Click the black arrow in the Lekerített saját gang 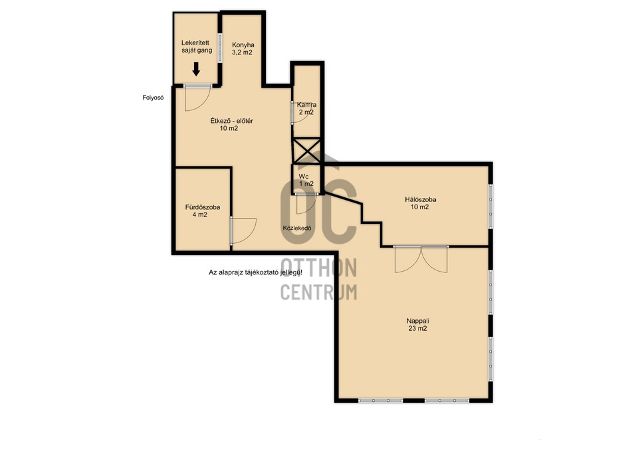coord(196,68)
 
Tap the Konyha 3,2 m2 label coord(243,48)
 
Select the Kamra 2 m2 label coord(306,108)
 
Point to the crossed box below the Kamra coord(307,151)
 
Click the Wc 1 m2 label coord(306,180)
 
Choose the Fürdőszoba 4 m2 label coord(202,211)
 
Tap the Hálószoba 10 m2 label coord(420,203)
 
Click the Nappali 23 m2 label coord(418,325)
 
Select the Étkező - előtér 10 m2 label coord(231,125)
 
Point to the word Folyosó coord(153,98)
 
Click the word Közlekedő coord(297,228)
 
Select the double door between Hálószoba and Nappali coord(421,259)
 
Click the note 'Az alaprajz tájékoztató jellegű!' coord(255,272)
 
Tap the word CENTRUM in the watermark coord(319,292)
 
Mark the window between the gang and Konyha coord(220,48)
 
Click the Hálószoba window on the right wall coord(490,207)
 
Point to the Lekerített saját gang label coord(197,46)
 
